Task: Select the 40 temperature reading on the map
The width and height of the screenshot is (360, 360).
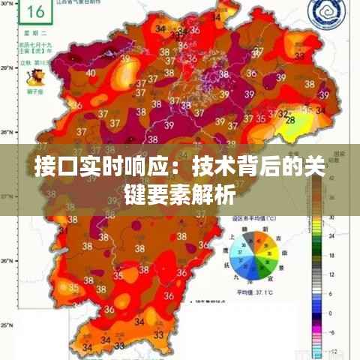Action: [x=91, y=73]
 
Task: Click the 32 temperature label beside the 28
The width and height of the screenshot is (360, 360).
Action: [x=283, y=114]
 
